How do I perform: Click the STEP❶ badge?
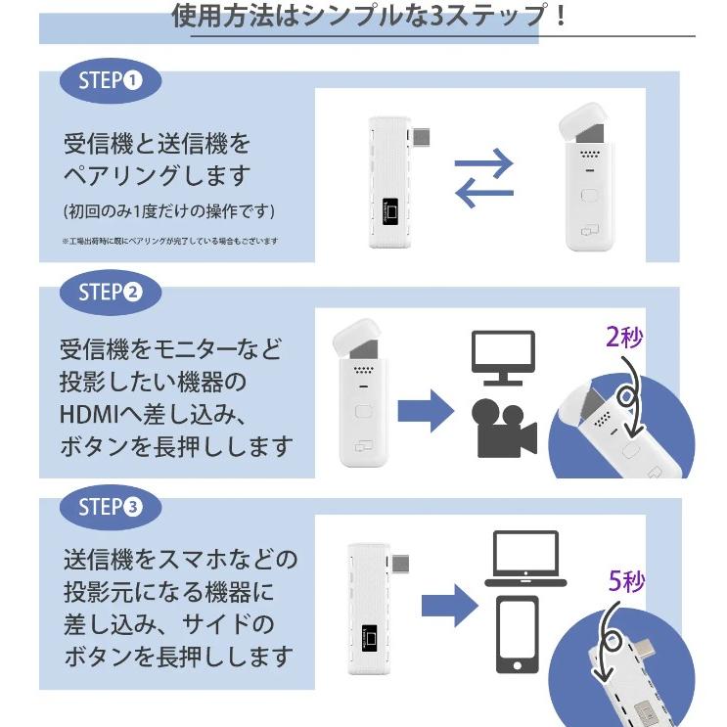(111, 80)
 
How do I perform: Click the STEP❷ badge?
(111, 293)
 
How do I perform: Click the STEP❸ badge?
(111, 507)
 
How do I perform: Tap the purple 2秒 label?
(624, 340)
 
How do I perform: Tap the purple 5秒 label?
(627, 582)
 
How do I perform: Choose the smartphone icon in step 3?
(517, 633)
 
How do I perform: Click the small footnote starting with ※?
(170, 241)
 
